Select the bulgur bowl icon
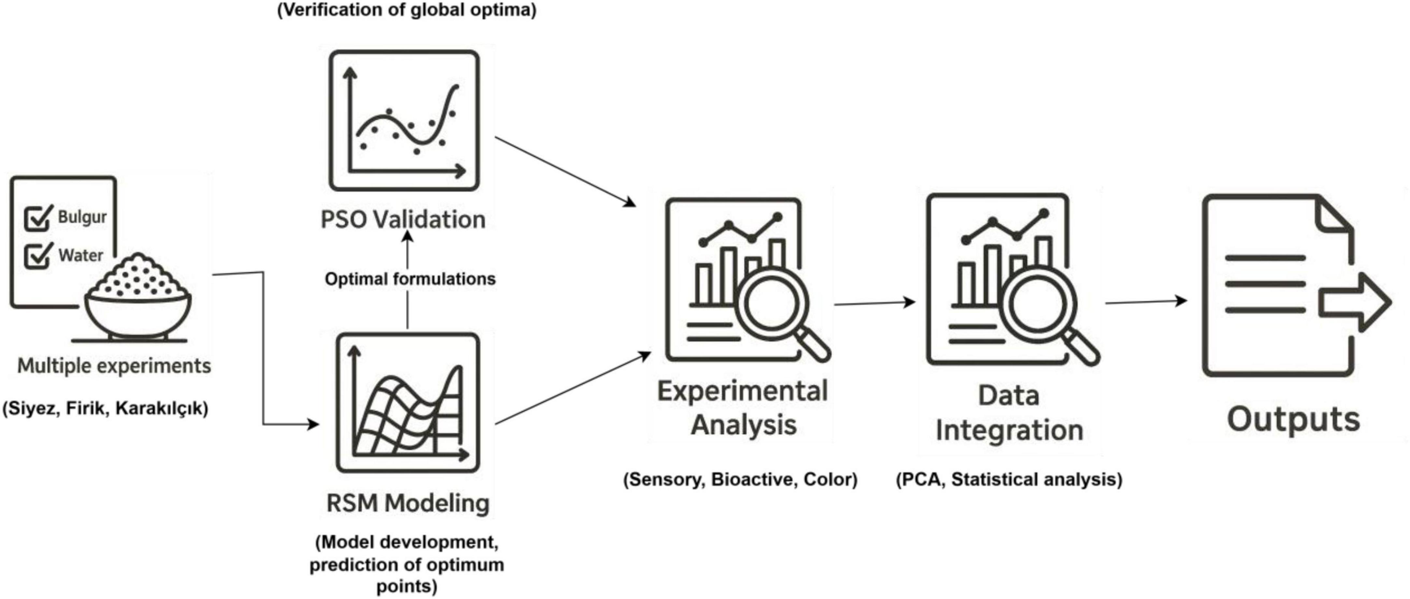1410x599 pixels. (138, 299)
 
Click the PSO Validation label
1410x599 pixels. (403, 220)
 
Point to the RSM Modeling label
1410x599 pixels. (408, 503)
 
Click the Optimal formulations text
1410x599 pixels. (410, 279)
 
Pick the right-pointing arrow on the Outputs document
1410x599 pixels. (1355, 302)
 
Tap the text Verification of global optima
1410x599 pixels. (407, 10)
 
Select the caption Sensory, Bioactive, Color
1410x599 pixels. (740, 480)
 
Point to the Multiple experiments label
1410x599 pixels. (114, 366)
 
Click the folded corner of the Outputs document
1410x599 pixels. (1334, 216)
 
